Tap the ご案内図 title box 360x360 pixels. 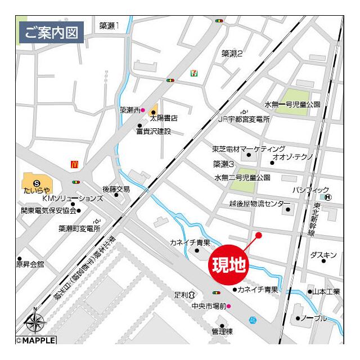click(51, 32)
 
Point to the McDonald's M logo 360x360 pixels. click(74, 164)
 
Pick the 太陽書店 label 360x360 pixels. click(164, 119)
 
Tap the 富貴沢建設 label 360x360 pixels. click(153, 132)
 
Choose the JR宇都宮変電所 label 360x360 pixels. click(244, 119)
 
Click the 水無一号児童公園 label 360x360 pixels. click(292, 105)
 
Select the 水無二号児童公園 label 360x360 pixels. click(242, 177)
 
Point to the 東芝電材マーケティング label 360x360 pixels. click(248, 149)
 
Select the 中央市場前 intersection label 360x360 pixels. click(208, 306)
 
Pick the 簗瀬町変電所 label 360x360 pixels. click(79, 228)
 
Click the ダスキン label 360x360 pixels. click(323, 255)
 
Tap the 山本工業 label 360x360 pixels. click(326, 291)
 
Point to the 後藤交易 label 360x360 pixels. click(116, 189)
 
